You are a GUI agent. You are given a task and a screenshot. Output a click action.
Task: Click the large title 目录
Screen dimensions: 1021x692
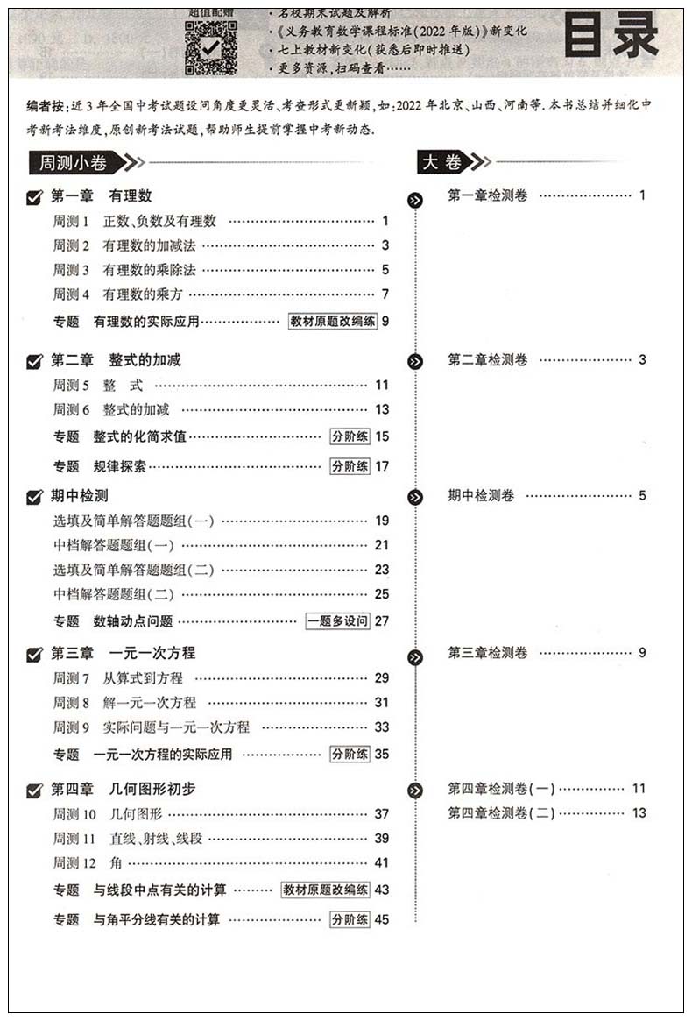tap(610, 38)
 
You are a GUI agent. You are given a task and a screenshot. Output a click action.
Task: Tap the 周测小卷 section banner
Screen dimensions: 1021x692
tap(74, 162)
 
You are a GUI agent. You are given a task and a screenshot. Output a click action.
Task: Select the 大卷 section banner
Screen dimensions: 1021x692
tap(442, 162)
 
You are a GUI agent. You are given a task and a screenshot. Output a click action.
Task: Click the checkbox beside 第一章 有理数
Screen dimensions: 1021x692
tap(35, 198)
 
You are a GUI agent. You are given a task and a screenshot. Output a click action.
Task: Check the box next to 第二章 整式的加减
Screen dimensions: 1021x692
tap(35, 361)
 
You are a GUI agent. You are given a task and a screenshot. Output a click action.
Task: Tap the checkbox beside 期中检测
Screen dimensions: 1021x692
tap(35, 497)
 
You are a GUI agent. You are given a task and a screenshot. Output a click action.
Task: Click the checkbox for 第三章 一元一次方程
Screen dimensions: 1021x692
tap(35, 654)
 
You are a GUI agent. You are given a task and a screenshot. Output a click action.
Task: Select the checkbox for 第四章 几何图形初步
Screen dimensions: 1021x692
tap(35, 791)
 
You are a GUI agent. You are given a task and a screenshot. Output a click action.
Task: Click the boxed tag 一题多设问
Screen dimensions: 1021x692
tap(337, 621)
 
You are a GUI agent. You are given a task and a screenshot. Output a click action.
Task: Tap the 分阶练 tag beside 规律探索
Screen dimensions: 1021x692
tap(350, 466)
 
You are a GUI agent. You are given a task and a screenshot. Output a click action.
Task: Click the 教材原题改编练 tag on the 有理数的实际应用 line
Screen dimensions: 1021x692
tap(333, 322)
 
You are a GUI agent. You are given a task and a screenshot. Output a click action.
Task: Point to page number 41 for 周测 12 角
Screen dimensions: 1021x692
tap(381, 863)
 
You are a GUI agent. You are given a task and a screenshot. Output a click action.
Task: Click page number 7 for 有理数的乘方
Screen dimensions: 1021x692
tap(385, 294)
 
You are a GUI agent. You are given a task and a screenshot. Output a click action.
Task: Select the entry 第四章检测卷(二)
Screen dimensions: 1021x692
tap(501, 813)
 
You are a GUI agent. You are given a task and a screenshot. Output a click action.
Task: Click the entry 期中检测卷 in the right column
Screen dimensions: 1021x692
tap(481, 496)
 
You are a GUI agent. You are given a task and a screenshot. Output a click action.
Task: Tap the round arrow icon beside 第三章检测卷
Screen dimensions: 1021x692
tap(415, 657)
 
